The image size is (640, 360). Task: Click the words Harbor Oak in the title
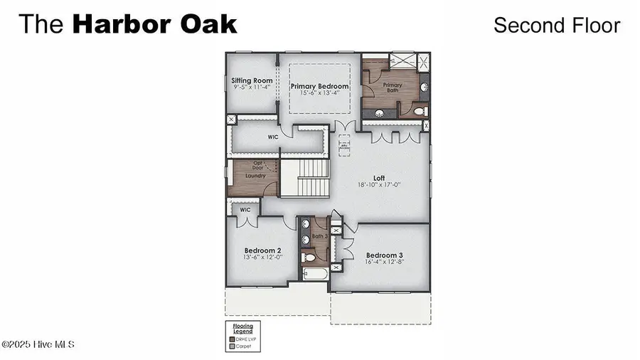click(x=154, y=24)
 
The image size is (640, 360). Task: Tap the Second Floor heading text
click(x=557, y=25)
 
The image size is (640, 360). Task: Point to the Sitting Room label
click(x=252, y=81)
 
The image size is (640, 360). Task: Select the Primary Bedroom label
click(x=319, y=86)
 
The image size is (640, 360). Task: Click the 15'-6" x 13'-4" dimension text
click(x=319, y=92)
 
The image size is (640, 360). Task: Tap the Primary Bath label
click(x=392, y=88)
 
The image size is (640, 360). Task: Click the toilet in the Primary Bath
click(x=419, y=112)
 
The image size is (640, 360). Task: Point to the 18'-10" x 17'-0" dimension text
click(x=379, y=185)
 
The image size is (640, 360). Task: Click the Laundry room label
click(x=255, y=174)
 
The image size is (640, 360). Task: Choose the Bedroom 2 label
click(x=263, y=250)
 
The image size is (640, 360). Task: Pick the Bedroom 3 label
click(x=385, y=255)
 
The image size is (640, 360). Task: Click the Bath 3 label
click(x=319, y=235)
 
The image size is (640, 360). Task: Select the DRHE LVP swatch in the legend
click(x=231, y=339)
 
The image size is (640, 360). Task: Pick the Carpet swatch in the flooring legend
click(x=231, y=346)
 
